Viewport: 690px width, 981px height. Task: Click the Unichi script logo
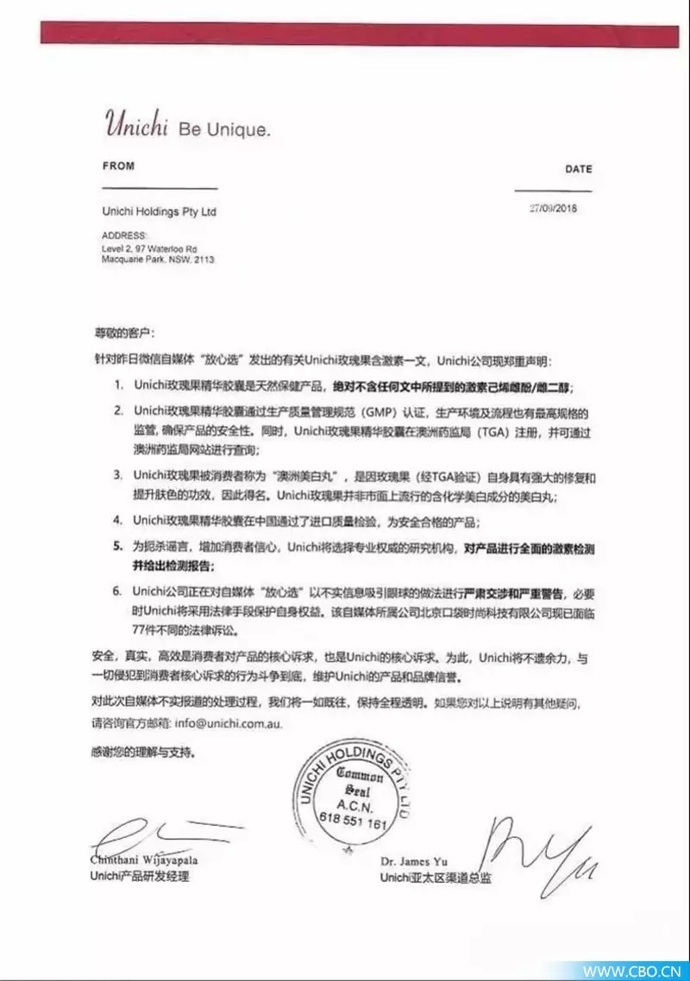pos(135,124)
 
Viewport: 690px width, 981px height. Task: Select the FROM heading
pos(118,166)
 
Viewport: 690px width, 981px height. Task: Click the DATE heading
pos(578,169)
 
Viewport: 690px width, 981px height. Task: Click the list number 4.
pos(117,521)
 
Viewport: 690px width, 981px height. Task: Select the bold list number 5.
pos(117,547)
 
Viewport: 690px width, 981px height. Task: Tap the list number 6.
pos(117,592)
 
